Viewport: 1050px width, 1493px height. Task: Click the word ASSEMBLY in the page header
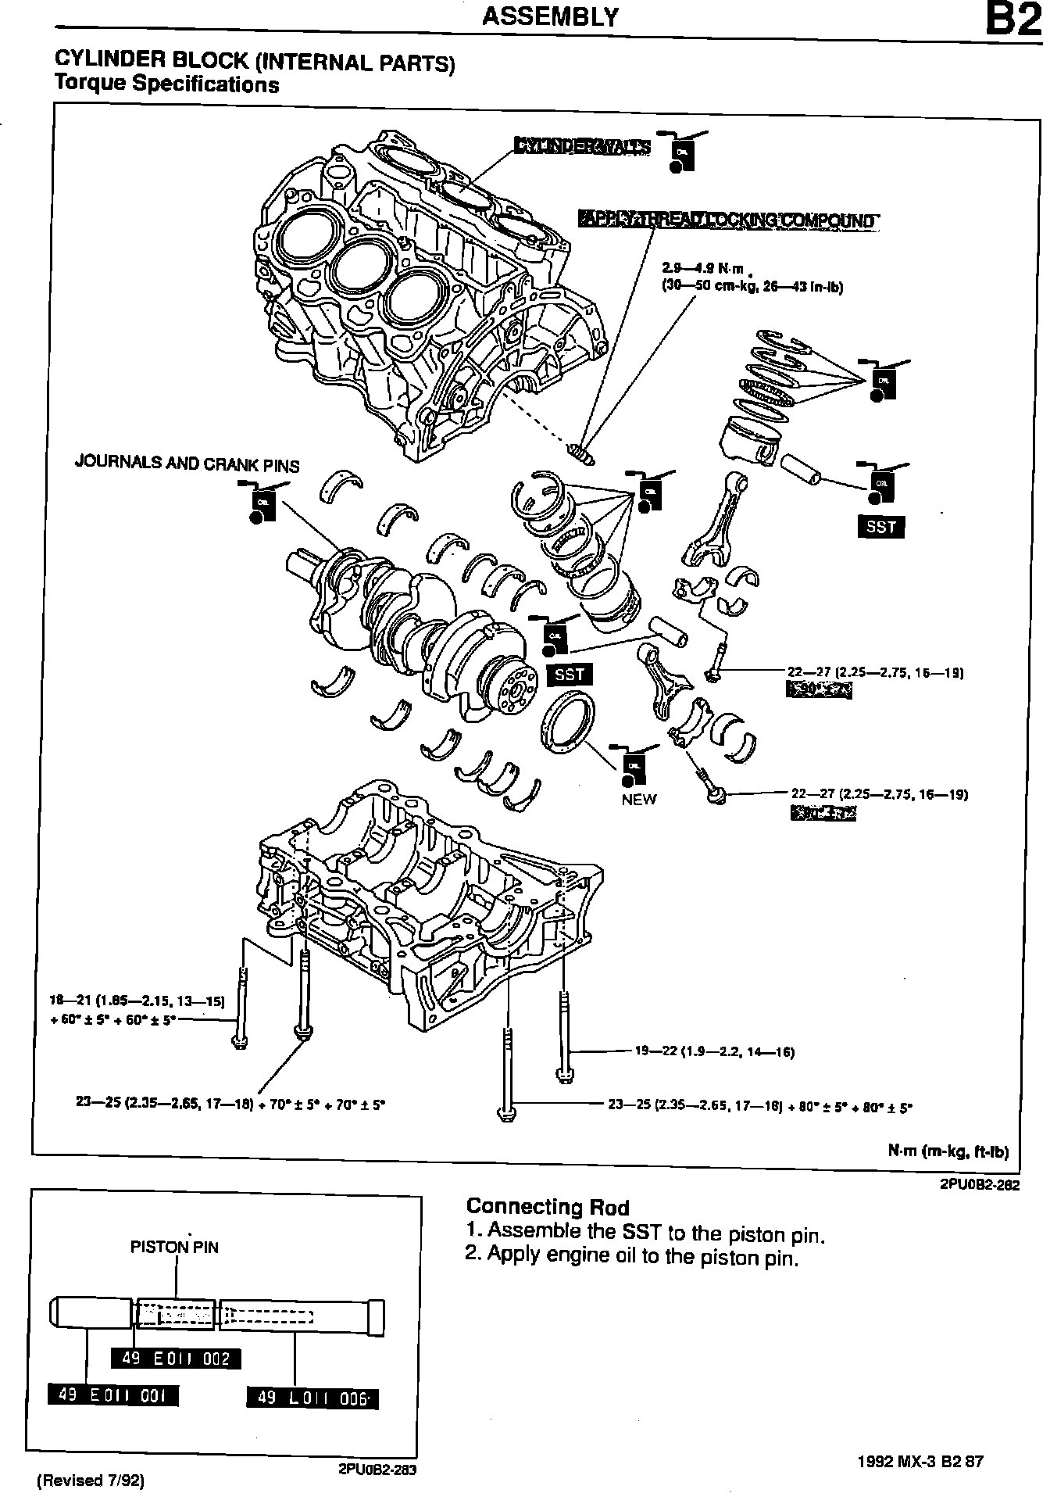[550, 16]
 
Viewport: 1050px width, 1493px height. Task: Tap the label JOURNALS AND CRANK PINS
[187, 464]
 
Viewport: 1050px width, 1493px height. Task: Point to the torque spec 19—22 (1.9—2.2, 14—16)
[714, 1052]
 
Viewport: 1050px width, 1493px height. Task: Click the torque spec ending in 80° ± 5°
[760, 1106]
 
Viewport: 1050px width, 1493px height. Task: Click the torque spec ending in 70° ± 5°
[231, 1104]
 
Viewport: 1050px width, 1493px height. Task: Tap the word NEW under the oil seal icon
[639, 800]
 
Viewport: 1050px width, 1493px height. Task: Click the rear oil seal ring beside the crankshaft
[566, 725]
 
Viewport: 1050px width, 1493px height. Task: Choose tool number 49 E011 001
[113, 1395]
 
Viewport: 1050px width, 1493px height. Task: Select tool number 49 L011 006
[312, 1398]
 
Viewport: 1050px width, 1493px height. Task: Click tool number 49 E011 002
[176, 1359]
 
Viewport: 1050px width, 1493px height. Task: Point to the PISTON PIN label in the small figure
[174, 1248]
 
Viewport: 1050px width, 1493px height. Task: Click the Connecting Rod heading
[547, 1208]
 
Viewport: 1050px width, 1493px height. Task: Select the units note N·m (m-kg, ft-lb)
[948, 1151]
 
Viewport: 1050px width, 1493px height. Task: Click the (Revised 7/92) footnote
[91, 1480]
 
